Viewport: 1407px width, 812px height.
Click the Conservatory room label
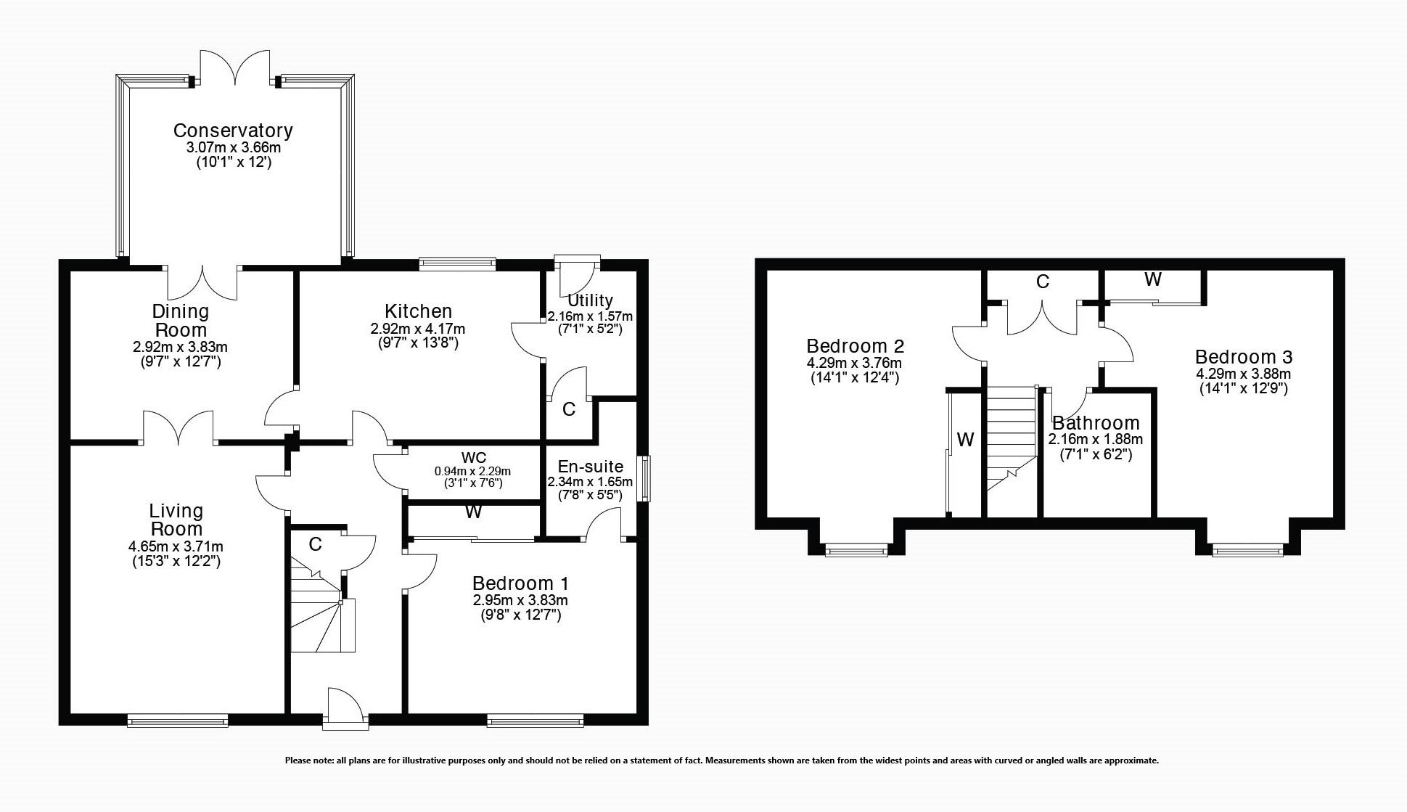(233, 131)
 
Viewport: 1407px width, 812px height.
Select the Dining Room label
(181, 320)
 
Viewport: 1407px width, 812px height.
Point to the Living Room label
(176, 520)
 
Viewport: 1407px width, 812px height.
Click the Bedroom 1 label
(520, 583)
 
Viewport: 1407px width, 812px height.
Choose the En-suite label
(590, 467)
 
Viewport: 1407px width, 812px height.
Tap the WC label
(473, 459)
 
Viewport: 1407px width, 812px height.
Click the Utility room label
(590, 300)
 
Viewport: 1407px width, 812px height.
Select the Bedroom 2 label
(855, 345)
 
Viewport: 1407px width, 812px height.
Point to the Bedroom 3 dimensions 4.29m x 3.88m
(1243, 374)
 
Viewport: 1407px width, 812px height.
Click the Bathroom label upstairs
(1096, 423)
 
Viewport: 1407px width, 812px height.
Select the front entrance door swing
(343, 705)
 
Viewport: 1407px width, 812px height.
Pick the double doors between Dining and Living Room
(179, 427)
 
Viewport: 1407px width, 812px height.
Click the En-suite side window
(644, 477)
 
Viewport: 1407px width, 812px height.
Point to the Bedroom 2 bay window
(856, 551)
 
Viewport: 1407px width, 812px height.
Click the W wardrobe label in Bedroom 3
(1152, 279)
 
